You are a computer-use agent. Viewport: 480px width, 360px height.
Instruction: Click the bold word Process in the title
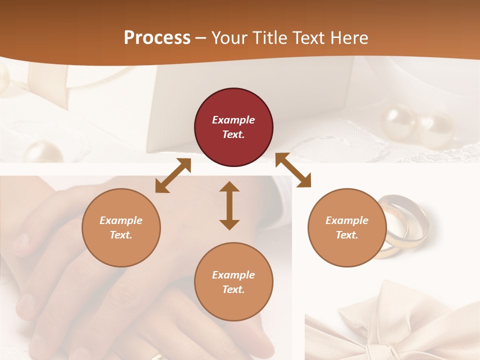point(157,37)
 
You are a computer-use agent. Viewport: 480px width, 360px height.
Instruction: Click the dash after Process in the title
point(200,38)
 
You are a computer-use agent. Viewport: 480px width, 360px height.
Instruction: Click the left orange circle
point(121,227)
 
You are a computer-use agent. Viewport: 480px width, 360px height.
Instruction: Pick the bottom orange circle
point(233,282)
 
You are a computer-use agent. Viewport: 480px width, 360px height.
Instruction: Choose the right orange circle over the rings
point(346,227)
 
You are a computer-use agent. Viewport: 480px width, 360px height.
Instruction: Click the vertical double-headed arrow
point(229,205)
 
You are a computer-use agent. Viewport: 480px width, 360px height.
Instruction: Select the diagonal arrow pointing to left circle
point(173,175)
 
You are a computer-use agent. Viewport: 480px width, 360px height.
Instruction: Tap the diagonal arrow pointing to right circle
point(293,170)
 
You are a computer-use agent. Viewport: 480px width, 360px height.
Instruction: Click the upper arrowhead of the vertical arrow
point(229,187)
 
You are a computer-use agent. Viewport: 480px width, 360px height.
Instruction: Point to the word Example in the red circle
point(233,120)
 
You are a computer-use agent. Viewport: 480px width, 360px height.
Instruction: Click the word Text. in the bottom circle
point(233,289)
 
